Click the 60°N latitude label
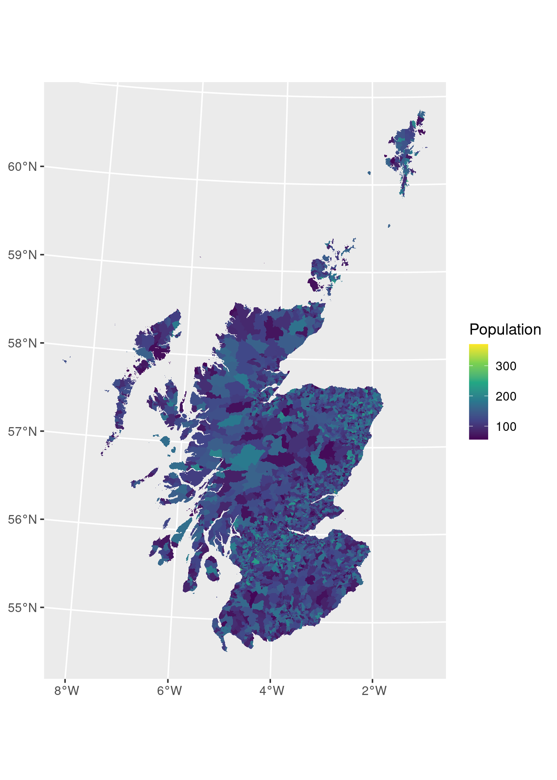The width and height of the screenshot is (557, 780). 22,167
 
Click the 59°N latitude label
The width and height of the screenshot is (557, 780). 22,255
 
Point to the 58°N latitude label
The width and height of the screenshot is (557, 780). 22,343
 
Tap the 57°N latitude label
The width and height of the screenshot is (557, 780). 22,432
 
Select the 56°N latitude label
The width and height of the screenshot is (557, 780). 22,520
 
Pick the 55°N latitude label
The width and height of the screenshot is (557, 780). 22,608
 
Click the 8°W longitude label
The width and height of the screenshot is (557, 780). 67,691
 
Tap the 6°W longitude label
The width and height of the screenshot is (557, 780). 170,691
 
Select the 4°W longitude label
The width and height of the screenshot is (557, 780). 272,691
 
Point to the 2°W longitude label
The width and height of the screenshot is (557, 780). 374,691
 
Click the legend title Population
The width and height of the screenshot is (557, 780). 505,330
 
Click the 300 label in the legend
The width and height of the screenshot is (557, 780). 506,366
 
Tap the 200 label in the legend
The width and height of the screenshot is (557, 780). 506,396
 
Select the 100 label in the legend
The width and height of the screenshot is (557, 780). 506,427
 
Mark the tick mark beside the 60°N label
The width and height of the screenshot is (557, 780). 42,167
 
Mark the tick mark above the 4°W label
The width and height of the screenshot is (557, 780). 270,680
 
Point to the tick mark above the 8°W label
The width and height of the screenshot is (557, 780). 65,680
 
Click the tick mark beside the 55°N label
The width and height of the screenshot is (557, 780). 42,608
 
